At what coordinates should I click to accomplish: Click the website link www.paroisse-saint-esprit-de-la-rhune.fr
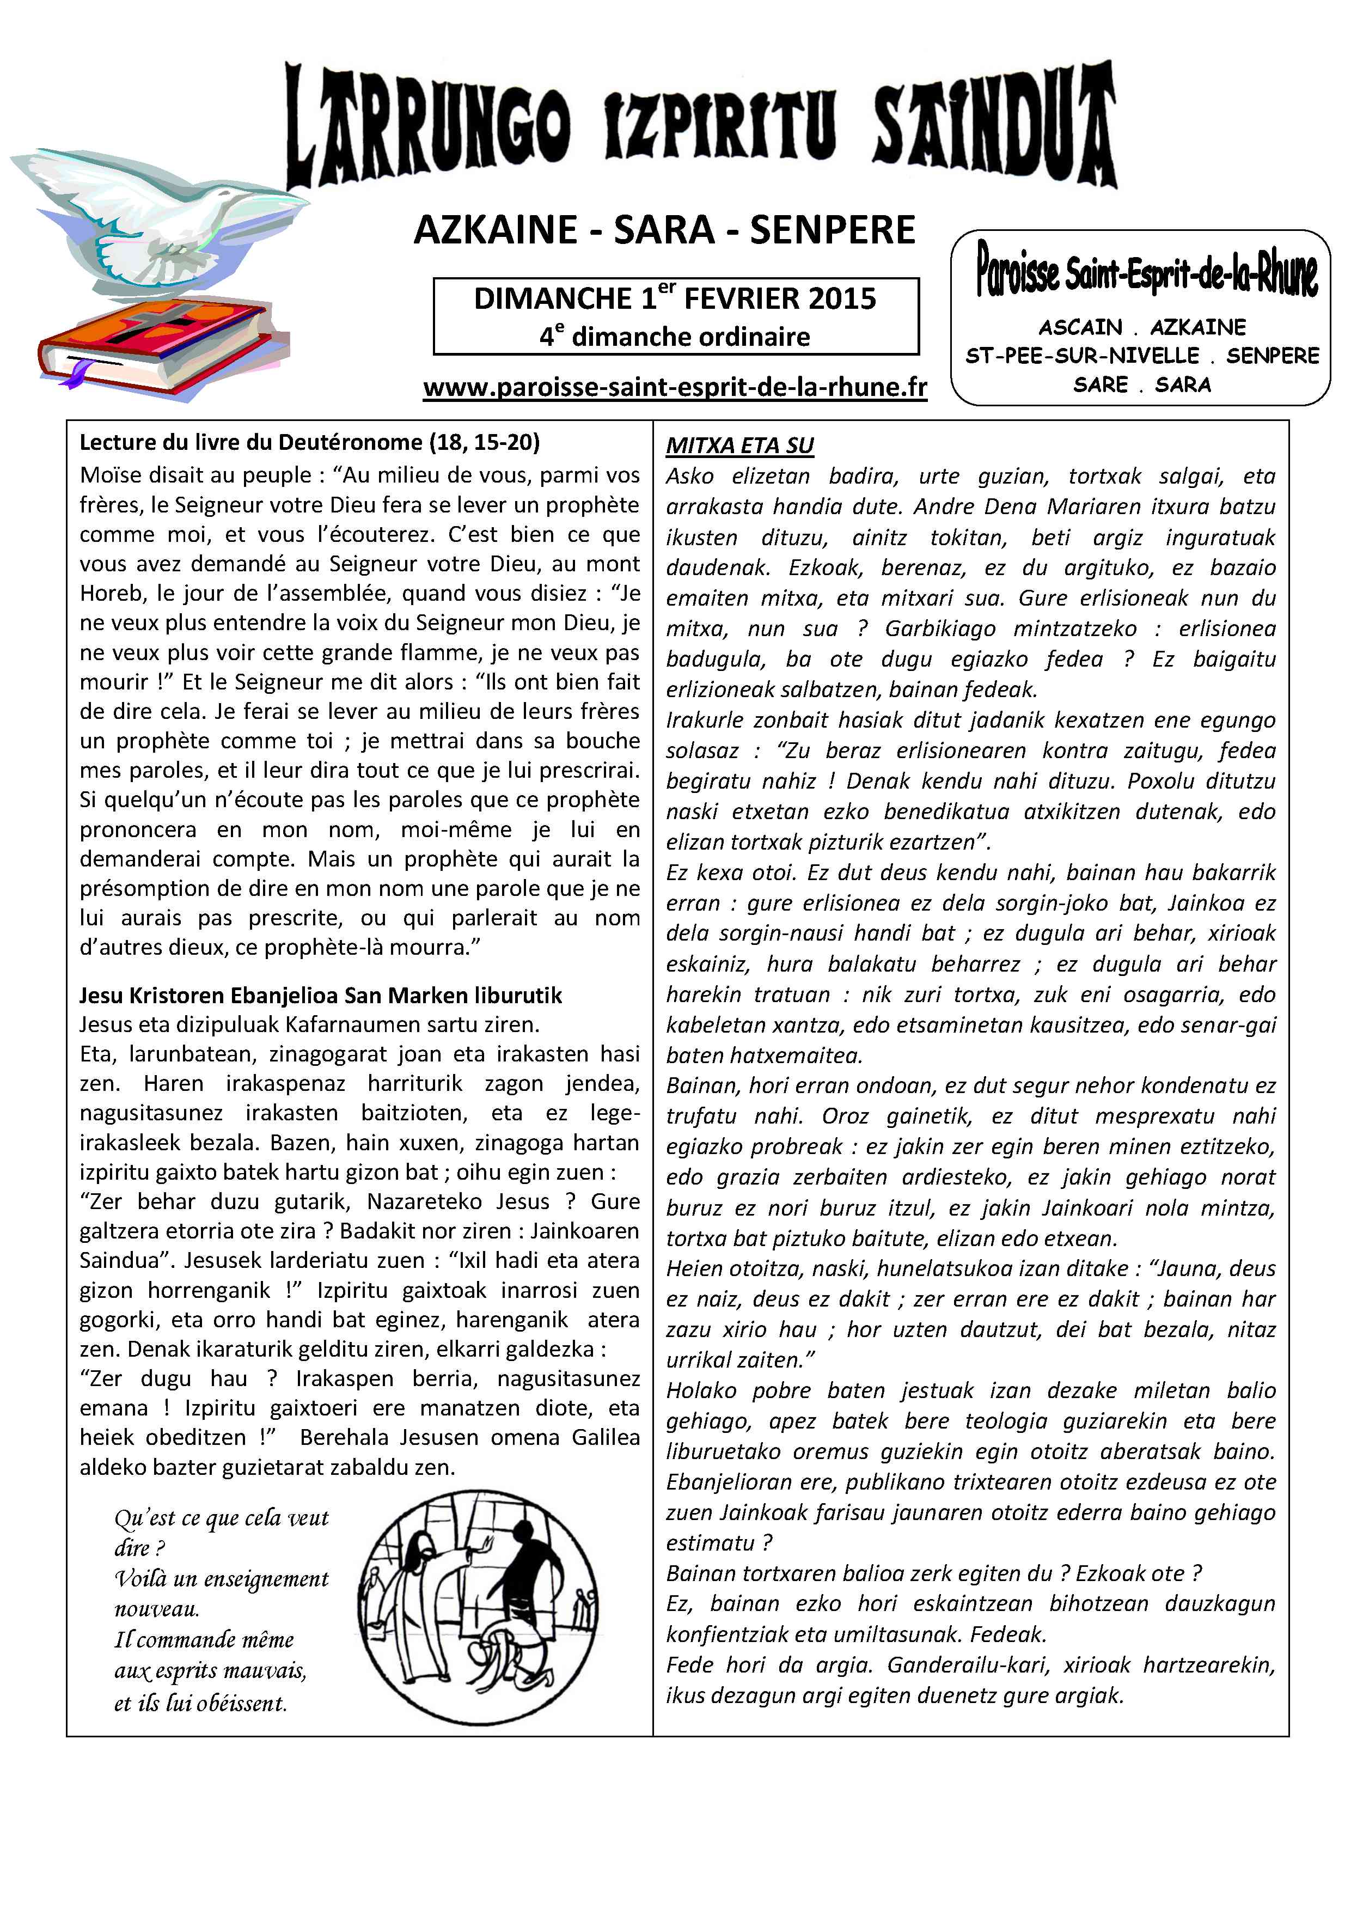tap(675, 388)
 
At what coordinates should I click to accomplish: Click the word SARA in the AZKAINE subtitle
tap(664, 230)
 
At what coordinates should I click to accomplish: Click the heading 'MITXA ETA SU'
tap(739, 446)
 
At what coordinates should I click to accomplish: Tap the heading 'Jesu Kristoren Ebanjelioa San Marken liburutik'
tap(320, 996)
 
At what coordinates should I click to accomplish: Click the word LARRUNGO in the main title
tap(429, 125)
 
